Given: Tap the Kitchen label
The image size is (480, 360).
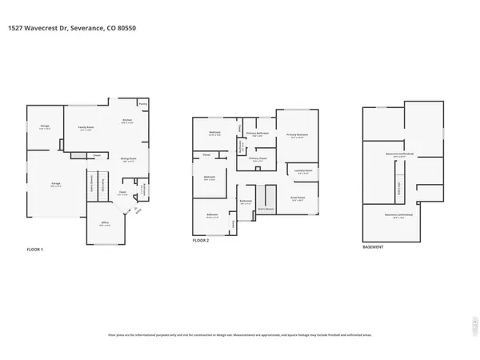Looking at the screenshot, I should [x=126, y=121].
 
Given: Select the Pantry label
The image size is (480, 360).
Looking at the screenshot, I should [x=143, y=103].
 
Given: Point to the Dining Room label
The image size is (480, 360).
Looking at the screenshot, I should [x=126, y=159].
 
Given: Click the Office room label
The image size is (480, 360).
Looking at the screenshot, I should [x=104, y=224].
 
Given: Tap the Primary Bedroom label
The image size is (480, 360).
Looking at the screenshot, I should [x=298, y=136].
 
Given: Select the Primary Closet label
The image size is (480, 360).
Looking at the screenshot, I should [x=258, y=159].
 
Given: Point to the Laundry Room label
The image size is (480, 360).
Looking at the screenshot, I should [x=303, y=170].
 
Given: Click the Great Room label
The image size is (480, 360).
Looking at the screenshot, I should [x=298, y=198].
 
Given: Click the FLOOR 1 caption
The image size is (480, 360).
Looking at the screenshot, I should [x=35, y=249].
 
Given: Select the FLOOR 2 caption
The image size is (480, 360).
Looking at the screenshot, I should [x=201, y=240].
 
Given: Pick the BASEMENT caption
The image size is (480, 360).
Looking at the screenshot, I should [x=373, y=247].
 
